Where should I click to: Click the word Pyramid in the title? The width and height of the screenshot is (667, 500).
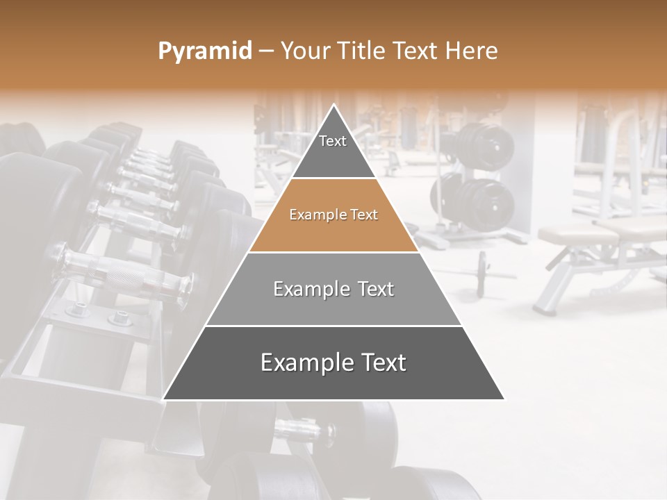click(205, 51)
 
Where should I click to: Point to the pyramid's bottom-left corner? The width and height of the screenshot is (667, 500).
click(163, 399)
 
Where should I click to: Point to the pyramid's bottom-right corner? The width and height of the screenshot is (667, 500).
click(504, 399)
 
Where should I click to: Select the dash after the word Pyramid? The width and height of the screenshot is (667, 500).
click(266, 51)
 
